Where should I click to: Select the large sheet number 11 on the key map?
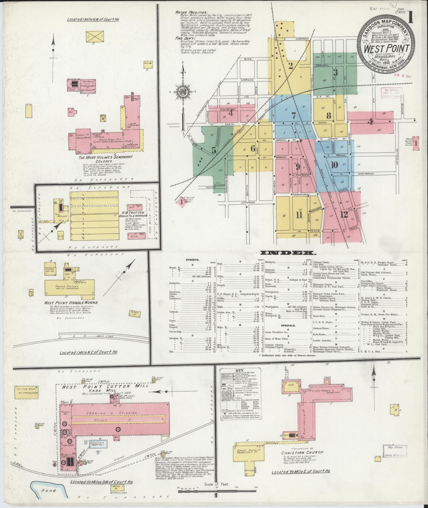[x=300, y=215]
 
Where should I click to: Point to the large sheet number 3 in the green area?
[x=335, y=72]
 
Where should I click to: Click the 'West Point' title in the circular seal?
[x=386, y=49]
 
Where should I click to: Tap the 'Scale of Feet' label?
[x=217, y=484]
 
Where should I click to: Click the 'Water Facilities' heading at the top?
[x=190, y=12]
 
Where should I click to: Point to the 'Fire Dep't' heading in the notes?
[x=183, y=39]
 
